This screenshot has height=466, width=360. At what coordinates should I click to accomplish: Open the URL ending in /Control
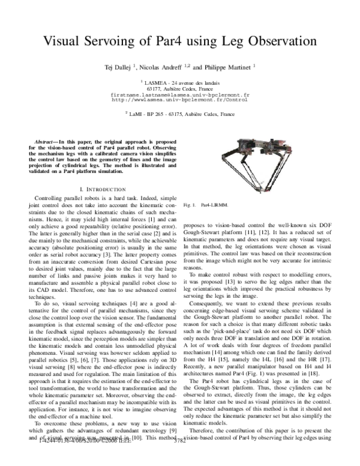click(180, 100)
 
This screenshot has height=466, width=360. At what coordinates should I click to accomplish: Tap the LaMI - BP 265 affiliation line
click(180, 112)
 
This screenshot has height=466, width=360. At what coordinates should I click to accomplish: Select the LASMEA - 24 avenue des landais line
click(180, 83)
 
